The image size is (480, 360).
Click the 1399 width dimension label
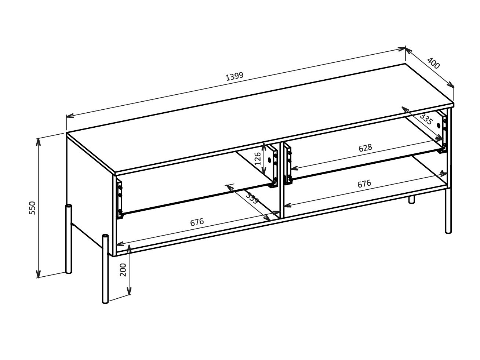pos(234,76)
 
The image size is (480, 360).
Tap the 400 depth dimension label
pos(433,64)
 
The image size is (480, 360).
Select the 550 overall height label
pos(32,208)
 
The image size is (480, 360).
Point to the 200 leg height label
pos(123,270)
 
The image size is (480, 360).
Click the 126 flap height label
pos(258,158)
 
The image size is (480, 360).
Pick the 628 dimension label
pos(365,148)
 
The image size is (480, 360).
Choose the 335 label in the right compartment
pos(426,119)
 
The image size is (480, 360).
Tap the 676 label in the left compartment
pos(197,222)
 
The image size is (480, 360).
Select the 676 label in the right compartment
pos(364,183)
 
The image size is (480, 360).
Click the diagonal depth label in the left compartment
pos(252,198)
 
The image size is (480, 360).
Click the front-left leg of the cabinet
pos(105,270)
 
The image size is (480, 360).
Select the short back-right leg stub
pos(412,199)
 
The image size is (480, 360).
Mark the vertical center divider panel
pos(281,180)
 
